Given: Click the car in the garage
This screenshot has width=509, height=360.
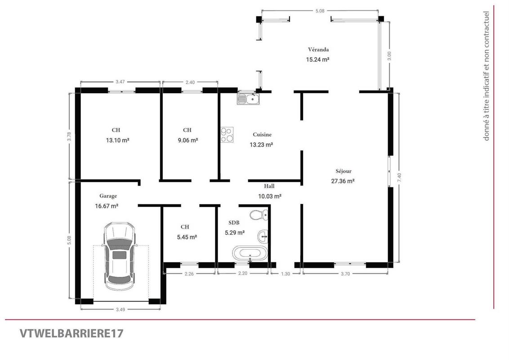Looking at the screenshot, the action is coord(119,256).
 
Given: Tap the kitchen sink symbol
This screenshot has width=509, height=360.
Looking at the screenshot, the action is coord(248,99).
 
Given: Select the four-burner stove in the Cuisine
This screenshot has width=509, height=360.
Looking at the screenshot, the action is coord(227,135).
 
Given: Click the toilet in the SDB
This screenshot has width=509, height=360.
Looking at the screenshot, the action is coord(259,215).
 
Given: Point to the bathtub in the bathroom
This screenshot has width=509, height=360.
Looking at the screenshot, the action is coord(249,253).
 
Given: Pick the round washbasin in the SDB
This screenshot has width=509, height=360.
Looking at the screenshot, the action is coord(263,237).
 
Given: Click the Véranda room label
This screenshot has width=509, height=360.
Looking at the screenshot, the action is coord(318,49).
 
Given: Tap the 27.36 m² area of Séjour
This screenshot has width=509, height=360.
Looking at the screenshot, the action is coord(343,181).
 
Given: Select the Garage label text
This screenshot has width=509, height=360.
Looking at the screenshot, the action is coord(108,196).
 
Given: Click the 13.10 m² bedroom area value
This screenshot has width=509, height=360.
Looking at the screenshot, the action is coord(117,140).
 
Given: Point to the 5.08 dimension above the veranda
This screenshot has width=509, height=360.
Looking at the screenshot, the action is coord(320,11).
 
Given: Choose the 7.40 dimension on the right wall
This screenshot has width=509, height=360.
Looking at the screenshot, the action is coord(400,177).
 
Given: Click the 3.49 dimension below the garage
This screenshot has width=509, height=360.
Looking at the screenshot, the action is coord(121,309).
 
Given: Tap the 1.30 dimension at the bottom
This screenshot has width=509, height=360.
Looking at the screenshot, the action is coord(286,274).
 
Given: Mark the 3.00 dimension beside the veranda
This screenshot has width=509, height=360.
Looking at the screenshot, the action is coord(389,56).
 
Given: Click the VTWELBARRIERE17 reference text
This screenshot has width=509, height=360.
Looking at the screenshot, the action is coord(71,334).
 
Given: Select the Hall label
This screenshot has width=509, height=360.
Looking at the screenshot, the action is coord(269,186).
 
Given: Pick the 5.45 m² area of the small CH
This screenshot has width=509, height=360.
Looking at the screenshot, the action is coord(187,237).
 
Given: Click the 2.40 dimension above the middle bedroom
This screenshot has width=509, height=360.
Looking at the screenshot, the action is coord(190,82).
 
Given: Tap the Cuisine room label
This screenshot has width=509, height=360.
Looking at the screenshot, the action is coord(262,135).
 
